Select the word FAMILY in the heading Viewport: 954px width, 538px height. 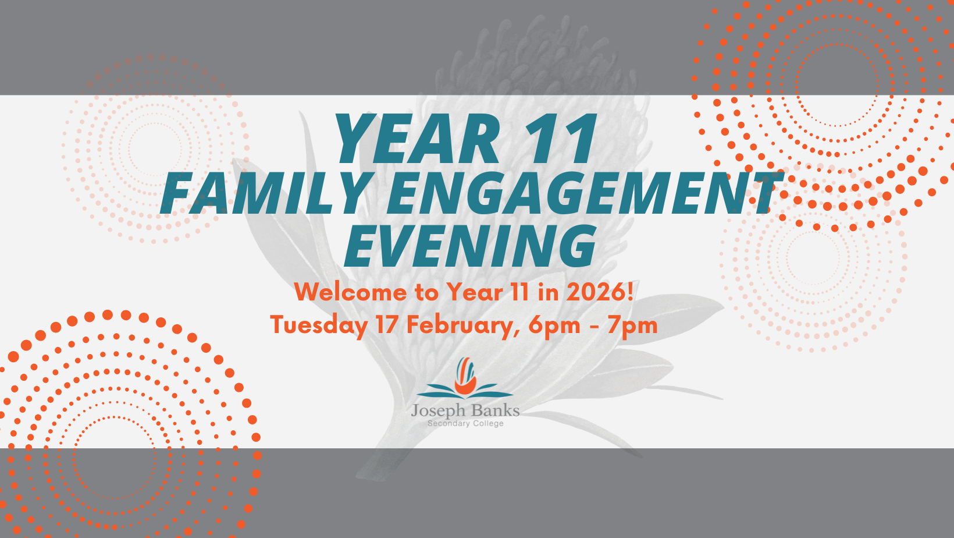[x=265, y=193]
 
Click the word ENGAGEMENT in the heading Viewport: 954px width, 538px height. [x=582, y=193]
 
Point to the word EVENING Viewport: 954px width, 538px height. [x=470, y=246]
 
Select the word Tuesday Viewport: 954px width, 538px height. [x=319, y=325]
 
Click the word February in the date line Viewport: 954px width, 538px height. [x=460, y=325]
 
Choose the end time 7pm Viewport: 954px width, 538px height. [x=632, y=325]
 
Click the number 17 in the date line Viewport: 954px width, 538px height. [x=387, y=325]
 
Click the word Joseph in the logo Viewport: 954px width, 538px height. [x=438, y=410]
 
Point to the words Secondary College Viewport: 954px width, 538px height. [x=465, y=423]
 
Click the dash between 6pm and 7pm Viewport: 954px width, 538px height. [x=594, y=326]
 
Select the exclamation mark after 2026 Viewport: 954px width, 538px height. [x=630, y=291]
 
